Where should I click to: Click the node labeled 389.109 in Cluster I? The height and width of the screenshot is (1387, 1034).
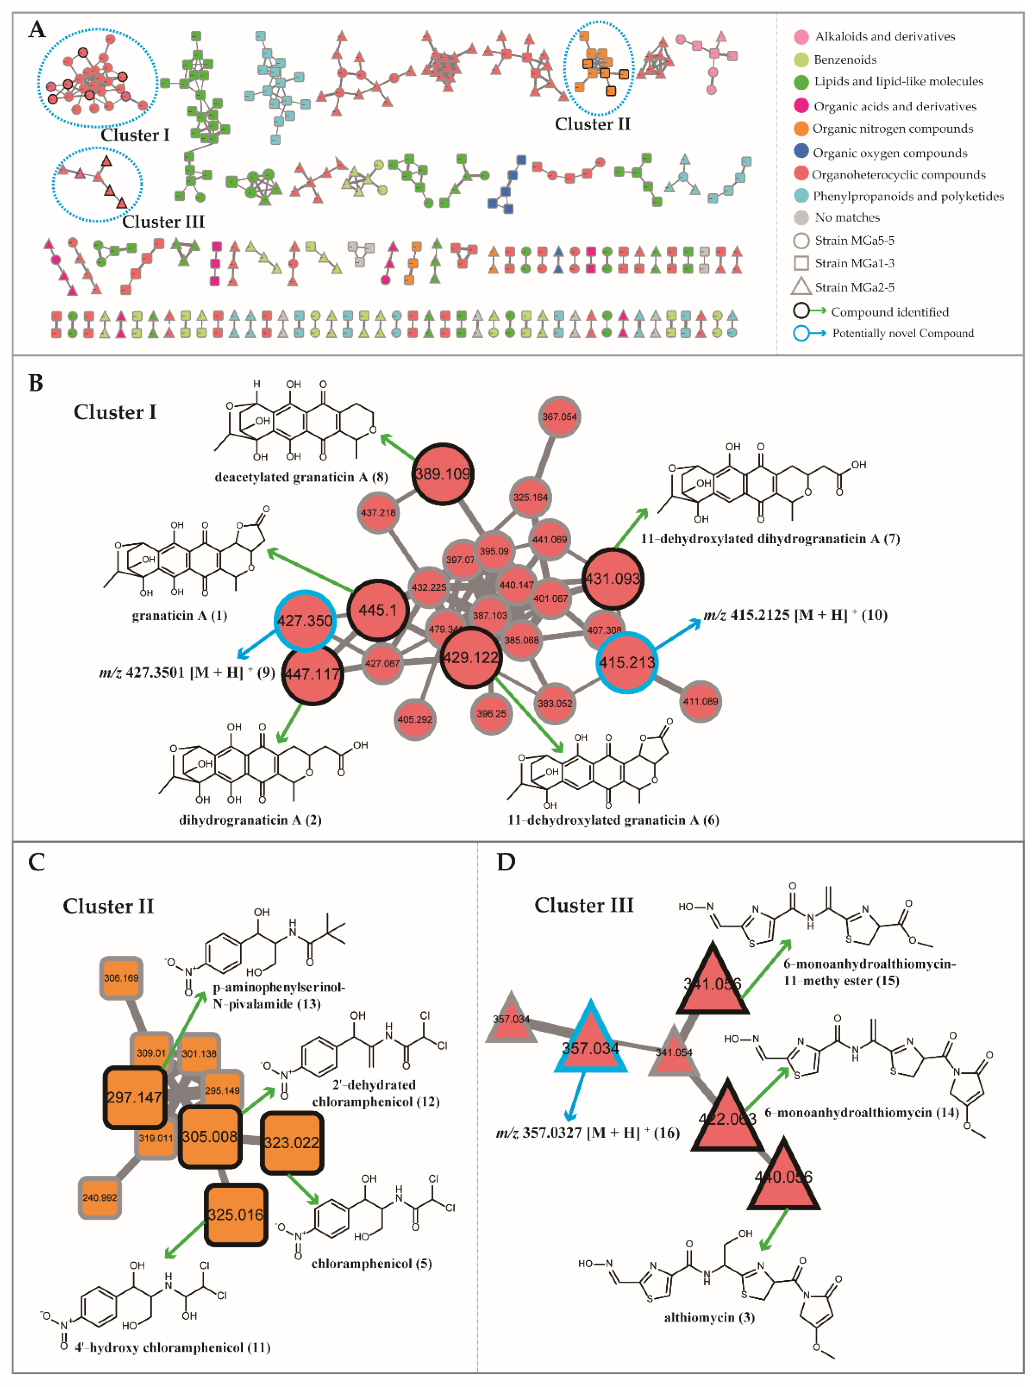(443, 474)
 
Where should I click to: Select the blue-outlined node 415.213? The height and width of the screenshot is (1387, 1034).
(626, 662)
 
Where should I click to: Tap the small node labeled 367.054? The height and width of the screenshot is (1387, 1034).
(559, 417)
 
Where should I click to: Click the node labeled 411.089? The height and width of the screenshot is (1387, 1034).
(700, 702)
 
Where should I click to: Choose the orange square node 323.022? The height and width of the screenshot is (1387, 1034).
(292, 1142)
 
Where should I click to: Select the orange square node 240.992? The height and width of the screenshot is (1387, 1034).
(100, 1197)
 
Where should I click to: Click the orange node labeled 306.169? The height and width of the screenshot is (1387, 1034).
(121, 978)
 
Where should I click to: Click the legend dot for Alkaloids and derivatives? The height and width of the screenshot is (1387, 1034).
(801, 37)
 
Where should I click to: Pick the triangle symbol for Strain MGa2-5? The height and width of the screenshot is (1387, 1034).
(801, 287)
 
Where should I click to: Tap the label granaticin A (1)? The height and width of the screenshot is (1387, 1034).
(180, 615)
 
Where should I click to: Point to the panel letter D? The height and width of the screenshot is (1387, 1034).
(506, 863)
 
